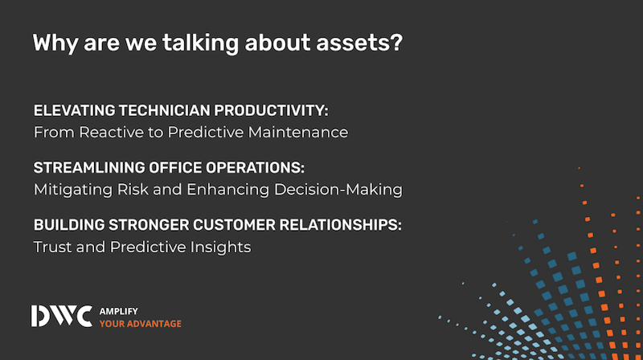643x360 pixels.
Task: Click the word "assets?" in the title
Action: [359, 43]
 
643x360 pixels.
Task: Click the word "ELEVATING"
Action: [75, 110]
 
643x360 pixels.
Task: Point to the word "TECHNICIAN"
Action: [165, 110]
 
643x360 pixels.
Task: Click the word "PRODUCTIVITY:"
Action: [271, 110]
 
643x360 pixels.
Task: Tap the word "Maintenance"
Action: [298, 133]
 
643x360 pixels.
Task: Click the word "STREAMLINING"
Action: [89, 168]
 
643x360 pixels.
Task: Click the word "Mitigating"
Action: [73, 190]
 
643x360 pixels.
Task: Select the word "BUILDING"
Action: [69, 225]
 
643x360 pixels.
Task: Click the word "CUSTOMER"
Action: [234, 225]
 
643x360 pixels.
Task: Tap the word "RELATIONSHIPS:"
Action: [340, 225]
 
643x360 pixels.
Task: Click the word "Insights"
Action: [220, 247]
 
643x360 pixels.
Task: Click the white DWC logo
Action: [62, 316]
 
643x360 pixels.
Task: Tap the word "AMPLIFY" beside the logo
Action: [118, 311]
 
